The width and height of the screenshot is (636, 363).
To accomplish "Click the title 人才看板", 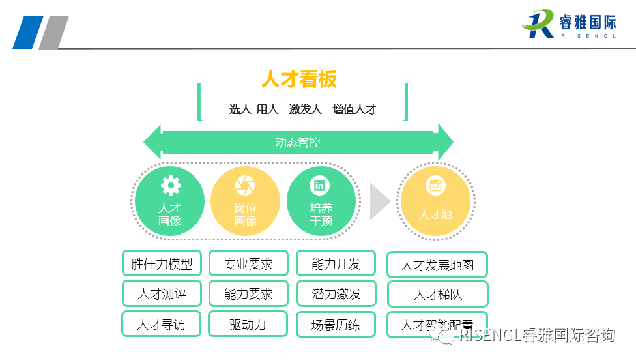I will (299, 80).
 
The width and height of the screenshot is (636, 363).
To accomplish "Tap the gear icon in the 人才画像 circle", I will (171, 186).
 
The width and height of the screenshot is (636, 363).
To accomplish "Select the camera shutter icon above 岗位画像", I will (245, 185).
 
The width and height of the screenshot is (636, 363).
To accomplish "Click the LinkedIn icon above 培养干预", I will (319, 186).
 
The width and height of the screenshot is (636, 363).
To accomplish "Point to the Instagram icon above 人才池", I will (435, 186).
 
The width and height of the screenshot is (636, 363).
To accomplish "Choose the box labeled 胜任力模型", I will (162, 263).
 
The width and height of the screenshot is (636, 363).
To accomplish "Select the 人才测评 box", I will (162, 294).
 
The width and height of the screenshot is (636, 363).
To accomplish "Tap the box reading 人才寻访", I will (161, 324).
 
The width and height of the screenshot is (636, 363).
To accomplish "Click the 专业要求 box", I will (248, 263).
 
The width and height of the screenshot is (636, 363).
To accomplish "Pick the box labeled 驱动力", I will (248, 324).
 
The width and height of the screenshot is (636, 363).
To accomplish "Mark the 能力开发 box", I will (336, 263).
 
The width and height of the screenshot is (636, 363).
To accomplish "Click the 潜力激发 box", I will (336, 294).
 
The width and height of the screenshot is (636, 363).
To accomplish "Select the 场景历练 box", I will (336, 324).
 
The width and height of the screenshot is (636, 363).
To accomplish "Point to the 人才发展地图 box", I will (437, 265).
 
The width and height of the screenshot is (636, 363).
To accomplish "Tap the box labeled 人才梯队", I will (437, 294).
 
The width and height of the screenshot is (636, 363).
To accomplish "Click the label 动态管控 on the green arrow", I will (298, 142).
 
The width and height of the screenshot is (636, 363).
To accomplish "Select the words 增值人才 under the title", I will (354, 109).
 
